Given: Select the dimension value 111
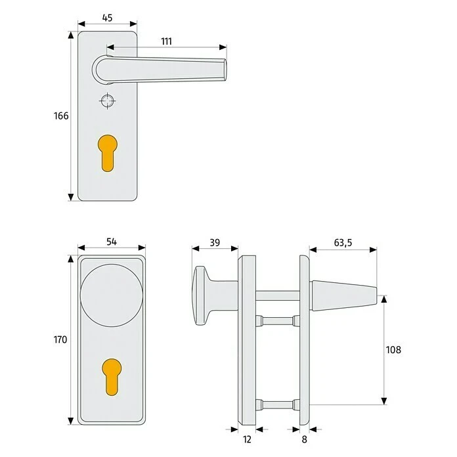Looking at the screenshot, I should coord(166,41).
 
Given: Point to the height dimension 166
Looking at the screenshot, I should coord(61,116).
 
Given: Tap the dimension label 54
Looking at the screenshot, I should coord(111,242).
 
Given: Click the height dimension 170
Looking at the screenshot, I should coord(60,339).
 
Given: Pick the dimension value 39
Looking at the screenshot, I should coord(214,242).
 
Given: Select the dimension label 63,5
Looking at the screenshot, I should coord(342,242).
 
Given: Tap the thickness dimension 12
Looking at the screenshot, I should coord(247,439).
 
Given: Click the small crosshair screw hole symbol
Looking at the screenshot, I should coord(107,101).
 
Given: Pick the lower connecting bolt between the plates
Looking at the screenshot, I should coord(276,401).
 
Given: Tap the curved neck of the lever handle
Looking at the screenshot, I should coord(100,69).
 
